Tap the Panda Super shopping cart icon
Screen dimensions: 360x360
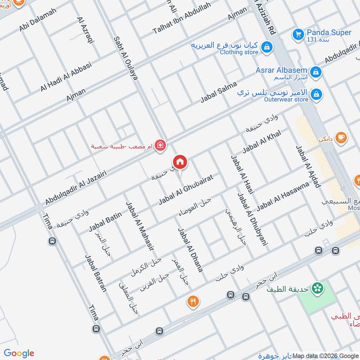coord(298,34)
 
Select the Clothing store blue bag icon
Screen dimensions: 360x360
coord(267,47)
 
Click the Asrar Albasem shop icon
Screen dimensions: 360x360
coord(316,72)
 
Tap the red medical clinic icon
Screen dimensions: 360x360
coord(160,145)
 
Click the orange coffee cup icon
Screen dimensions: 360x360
coord(341,137)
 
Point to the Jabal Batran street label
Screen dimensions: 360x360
coord(96,273)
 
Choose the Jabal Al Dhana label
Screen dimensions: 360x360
coord(190,249)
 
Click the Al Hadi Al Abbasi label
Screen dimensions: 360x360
coord(66,77)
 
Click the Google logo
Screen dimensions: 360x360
coord(19,353)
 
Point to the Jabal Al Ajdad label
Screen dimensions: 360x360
coord(308,166)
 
